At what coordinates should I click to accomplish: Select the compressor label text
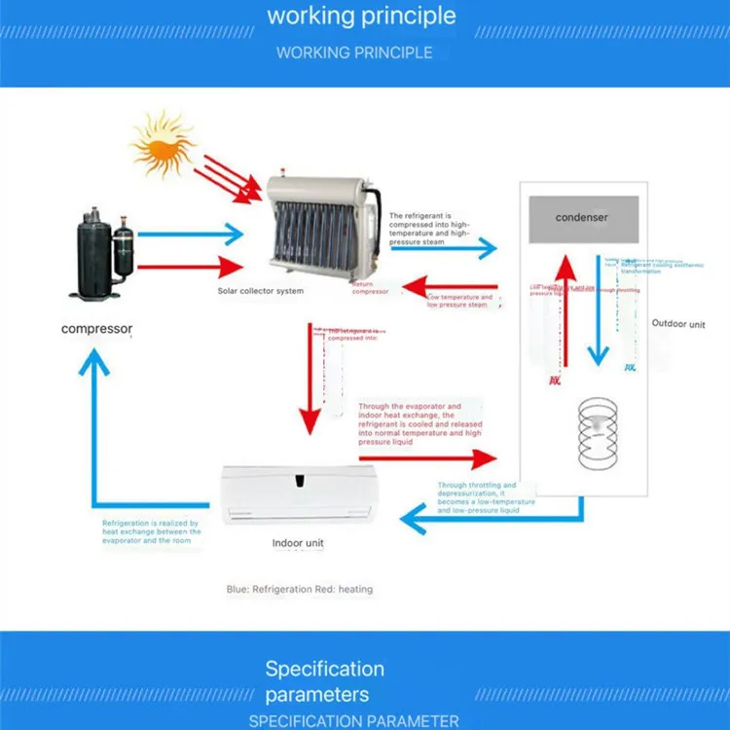point(96,329)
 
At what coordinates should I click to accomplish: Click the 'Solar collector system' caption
point(260,291)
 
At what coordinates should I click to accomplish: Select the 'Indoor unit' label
point(298,543)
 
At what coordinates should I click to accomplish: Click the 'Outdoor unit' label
point(678,324)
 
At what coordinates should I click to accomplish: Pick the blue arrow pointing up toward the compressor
point(93,428)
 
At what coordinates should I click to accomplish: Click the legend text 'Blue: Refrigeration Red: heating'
point(300,589)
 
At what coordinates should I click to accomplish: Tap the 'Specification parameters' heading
point(324,681)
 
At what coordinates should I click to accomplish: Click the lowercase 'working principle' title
point(361,16)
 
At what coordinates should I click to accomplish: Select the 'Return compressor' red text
point(370,288)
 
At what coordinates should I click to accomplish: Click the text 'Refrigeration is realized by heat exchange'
point(152,531)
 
